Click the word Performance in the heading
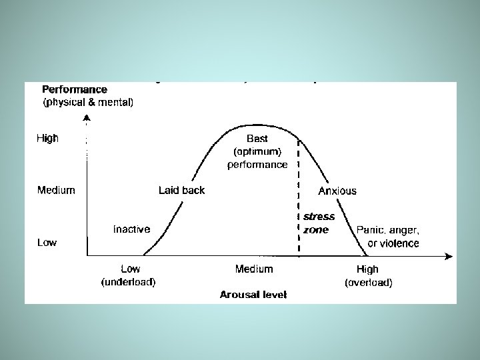point(75,89)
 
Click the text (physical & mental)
point(88,102)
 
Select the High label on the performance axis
point(47,139)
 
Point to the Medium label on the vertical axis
point(56,190)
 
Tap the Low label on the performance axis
point(47,243)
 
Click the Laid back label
point(181,190)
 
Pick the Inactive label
point(131,229)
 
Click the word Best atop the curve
point(257,139)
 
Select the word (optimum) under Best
point(257,151)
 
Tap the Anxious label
point(337,191)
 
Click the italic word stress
point(319,217)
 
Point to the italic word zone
point(316,230)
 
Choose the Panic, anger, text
point(388,230)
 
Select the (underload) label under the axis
point(128,282)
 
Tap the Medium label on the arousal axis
point(254,269)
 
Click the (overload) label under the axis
point(368,282)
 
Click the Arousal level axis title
point(253,295)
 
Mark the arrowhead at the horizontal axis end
point(449,256)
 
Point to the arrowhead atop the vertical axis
point(87,118)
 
